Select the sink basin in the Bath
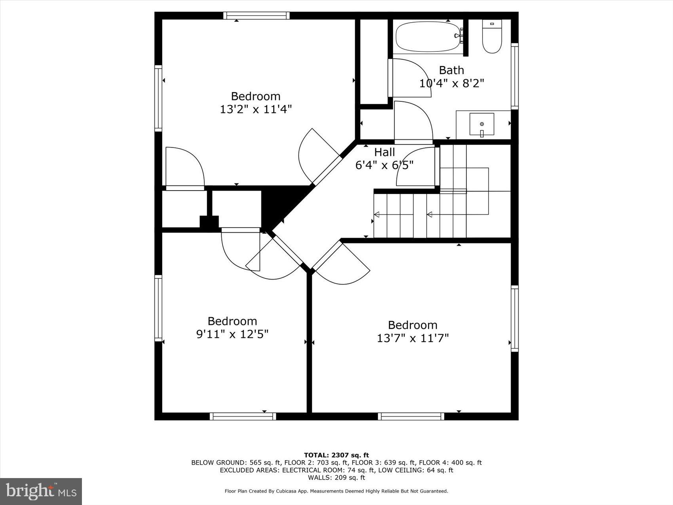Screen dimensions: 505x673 [x=482, y=124]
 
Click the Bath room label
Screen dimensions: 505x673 [x=451, y=71]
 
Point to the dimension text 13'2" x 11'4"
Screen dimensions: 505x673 [x=256, y=109]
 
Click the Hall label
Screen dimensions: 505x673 [x=384, y=152]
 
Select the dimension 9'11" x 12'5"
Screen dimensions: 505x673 [x=232, y=334]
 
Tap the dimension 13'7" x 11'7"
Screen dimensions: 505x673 [x=413, y=338]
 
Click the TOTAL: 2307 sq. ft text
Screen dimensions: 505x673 [x=336, y=455]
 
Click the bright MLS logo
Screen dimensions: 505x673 [x=41, y=492]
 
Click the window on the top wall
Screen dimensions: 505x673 [x=256, y=15]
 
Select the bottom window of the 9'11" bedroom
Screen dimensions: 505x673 [x=243, y=416]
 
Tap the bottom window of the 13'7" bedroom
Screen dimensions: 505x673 [x=411, y=416]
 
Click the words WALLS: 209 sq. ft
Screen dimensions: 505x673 [x=336, y=478]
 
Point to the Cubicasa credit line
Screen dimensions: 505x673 [x=336, y=491]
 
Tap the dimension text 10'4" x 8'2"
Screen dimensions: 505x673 [x=451, y=84]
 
